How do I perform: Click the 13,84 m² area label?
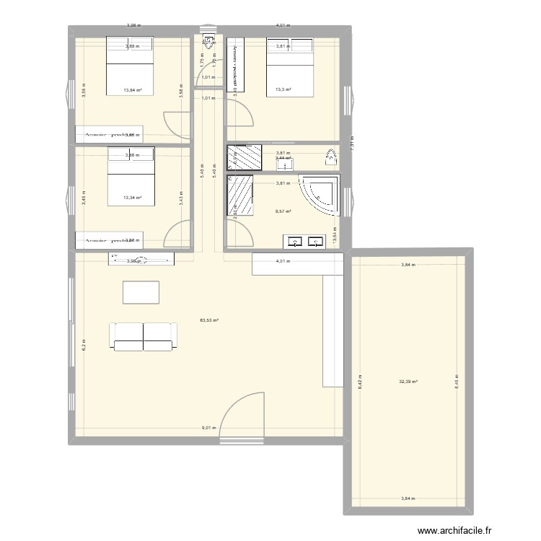click(132, 90)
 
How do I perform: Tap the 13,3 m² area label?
click(283, 90)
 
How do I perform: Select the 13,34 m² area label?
click(132, 197)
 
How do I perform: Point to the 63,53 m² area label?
click(209, 321)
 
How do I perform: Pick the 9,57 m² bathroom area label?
click(283, 211)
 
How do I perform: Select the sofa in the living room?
click(143, 336)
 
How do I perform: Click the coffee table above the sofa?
click(142, 292)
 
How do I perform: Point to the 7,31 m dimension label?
click(352, 144)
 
